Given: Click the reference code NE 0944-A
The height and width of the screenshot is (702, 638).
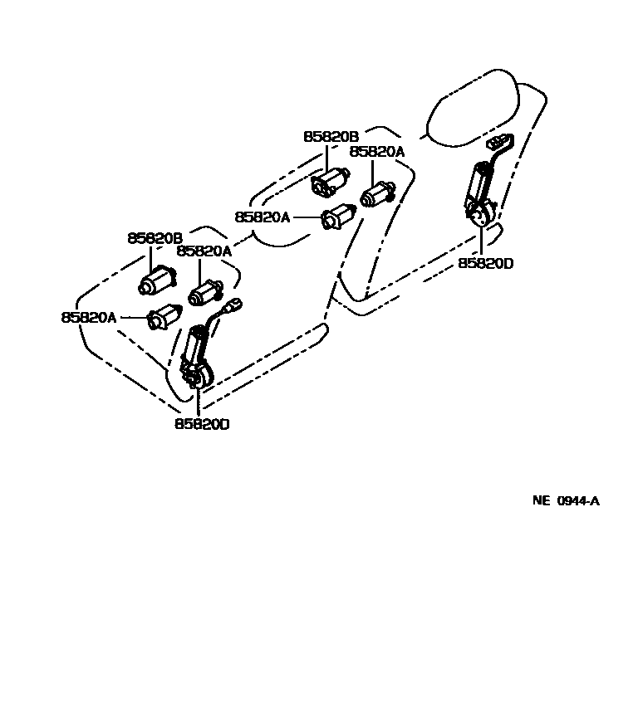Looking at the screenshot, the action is (x=566, y=501).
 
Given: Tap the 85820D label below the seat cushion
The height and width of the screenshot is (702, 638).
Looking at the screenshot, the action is (x=202, y=424).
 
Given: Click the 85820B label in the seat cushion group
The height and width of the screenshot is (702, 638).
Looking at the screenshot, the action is (x=155, y=237).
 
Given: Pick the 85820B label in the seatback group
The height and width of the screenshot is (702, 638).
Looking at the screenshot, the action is (x=330, y=137).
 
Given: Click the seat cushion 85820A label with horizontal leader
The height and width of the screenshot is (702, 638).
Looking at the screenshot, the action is (x=89, y=317).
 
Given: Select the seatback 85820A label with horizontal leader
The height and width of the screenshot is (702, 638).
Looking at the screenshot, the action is (x=263, y=217).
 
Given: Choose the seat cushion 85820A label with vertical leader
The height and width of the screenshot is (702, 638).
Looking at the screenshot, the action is (x=204, y=251).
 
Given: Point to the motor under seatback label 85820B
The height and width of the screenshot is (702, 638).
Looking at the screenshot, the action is (x=331, y=181).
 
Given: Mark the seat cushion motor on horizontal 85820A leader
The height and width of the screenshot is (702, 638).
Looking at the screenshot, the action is (x=164, y=317).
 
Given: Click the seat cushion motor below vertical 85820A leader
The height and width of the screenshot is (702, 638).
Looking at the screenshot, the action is (x=204, y=293).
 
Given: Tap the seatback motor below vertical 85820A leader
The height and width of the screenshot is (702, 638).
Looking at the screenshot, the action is (x=378, y=196).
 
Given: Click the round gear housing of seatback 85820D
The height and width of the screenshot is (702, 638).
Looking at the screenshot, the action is (x=480, y=217).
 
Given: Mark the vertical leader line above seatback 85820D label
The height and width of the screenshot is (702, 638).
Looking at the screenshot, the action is (x=482, y=240).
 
